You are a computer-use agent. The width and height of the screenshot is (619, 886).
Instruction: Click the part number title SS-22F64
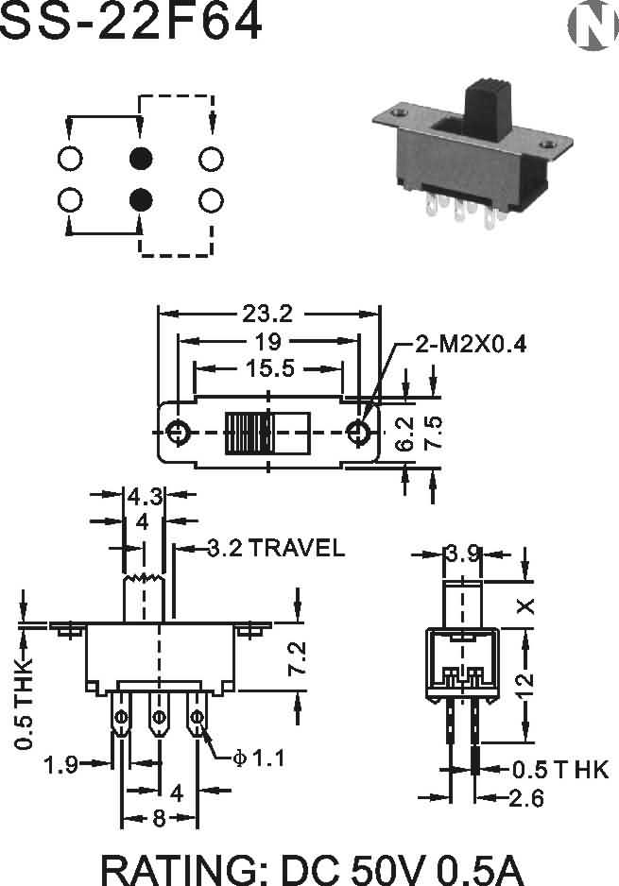[x=130, y=21]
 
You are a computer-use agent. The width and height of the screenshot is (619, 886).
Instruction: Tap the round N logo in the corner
[x=593, y=25]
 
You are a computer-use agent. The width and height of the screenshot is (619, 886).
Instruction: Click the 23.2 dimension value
[x=268, y=314]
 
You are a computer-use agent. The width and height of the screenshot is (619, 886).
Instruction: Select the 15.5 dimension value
[x=270, y=368]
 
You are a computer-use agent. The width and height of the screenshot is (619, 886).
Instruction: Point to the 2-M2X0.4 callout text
[x=471, y=344]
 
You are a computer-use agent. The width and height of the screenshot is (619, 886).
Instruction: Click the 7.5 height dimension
[x=434, y=433]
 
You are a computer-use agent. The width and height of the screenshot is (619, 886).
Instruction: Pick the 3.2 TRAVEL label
[x=276, y=548]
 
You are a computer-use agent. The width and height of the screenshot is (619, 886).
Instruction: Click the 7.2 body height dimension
[x=297, y=657]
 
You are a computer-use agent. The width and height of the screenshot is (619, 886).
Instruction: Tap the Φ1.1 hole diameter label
[x=258, y=758]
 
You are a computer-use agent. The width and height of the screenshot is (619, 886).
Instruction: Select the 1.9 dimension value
[x=61, y=764]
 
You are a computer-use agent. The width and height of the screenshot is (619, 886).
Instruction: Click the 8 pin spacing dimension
[x=160, y=817]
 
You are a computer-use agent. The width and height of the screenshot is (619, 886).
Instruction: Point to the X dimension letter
[x=526, y=606]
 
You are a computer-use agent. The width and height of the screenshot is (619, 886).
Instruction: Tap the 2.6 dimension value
[x=526, y=798]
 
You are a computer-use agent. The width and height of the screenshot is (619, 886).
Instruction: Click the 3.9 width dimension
[x=462, y=554]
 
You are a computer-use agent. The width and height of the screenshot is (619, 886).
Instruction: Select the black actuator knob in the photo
[x=488, y=110]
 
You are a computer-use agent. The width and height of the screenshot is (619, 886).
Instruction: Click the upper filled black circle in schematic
[x=141, y=159]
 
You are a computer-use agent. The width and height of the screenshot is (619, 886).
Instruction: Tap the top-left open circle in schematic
[x=70, y=159]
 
